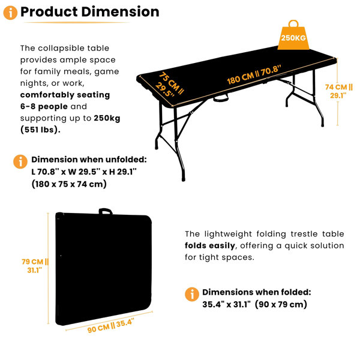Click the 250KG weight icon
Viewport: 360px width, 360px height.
click(293, 37)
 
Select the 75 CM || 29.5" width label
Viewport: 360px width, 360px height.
click(169, 85)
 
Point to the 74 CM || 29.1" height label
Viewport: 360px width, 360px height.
click(338, 91)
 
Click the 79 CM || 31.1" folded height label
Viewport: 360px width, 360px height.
click(35, 266)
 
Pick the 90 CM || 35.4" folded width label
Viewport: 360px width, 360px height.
click(110, 326)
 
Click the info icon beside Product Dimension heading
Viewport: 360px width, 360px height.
click(10, 13)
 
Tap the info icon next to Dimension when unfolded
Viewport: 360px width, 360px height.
click(20, 161)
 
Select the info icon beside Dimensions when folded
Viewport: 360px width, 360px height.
click(192, 294)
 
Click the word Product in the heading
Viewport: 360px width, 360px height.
click(49, 12)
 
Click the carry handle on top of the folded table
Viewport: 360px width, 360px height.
click(106, 211)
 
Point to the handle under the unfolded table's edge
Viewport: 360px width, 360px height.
click(221, 98)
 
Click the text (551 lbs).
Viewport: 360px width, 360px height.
click(40, 130)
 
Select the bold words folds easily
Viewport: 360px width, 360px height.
click(210, 245)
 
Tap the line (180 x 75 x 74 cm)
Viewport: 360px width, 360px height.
click(69, 184)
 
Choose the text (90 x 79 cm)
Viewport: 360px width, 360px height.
click(281, 304)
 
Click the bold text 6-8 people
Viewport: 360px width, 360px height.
click(44, 107)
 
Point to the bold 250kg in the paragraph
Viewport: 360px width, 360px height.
click(107, 118)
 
